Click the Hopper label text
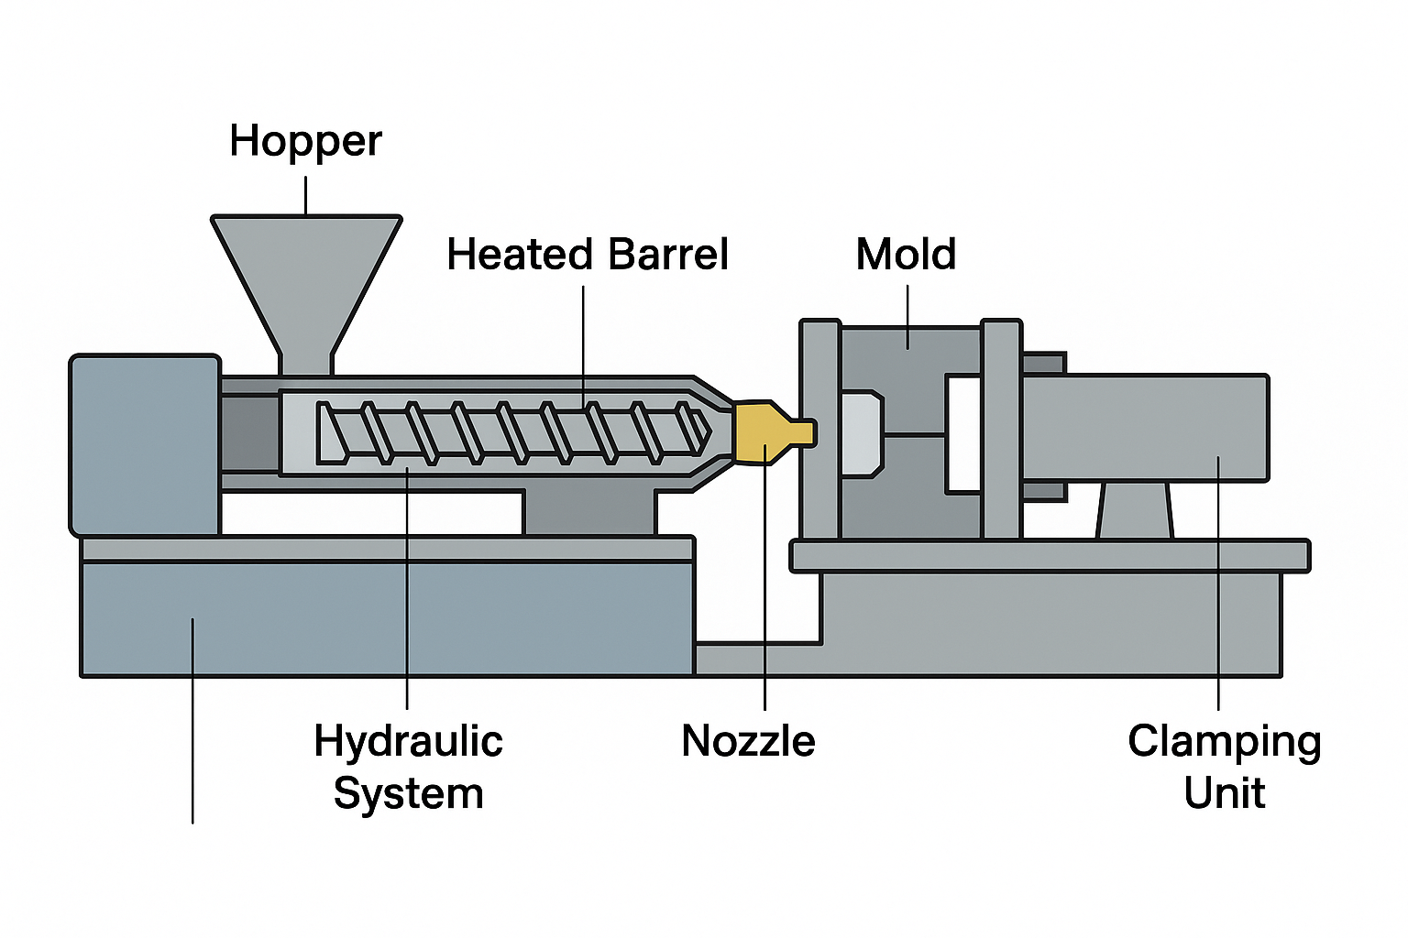pyautogui.click(x=305, y=141)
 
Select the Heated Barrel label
pyautogui.click(x=587, y=255)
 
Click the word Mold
pyautogui.click(x=906, y=254)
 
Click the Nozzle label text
pyautogui.click(x=748, y=740)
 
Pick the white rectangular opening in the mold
pyautogui.click(x=963, y=433)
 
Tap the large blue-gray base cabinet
pyautogui.click(x=385, y=618)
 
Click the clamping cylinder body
pyautogui.click(x=1146, y=427)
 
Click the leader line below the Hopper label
pyautogui.click(x=305, y=194)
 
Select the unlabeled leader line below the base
pyautogui.click(x=192, y=751)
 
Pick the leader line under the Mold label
pyautogui.click(x=907, y=316)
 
